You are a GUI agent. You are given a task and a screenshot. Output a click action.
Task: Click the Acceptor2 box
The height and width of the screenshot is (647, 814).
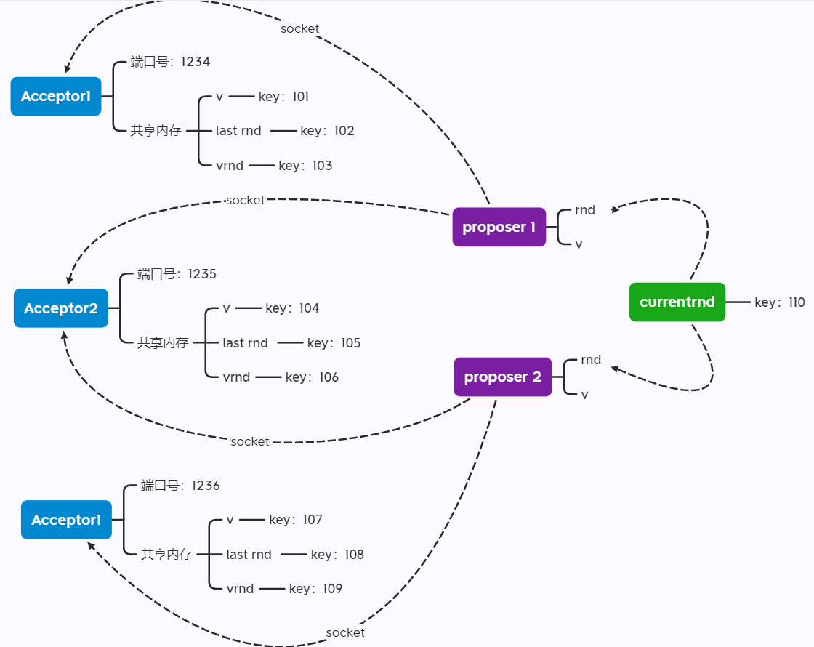pyautogui.click(x=61, y=308)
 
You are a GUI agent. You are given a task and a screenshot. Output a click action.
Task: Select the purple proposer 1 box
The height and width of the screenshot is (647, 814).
pyautogui.click(x=499, y=227)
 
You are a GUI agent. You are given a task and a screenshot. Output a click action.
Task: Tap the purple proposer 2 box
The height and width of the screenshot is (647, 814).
pyautogui.click(x=502, y=377)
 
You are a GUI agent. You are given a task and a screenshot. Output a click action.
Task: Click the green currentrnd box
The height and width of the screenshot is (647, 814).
pyautogui.click(x=677, y=302)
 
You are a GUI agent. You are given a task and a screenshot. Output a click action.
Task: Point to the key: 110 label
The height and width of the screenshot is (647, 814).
pyautogui.click(x=779, y=302)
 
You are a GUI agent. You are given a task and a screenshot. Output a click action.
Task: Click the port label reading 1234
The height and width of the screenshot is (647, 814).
pyautogui.click(x=170, y=62)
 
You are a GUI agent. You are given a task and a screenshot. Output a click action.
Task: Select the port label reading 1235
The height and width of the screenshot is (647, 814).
pyautogui.click(x=177, y=274)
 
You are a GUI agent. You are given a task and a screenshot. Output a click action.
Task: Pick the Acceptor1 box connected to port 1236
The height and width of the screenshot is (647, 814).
pyautogui.click(x=66, y=520)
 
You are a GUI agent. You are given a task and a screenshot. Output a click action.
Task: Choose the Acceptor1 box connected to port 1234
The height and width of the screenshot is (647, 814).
pyautogui.click(x=56, y=96)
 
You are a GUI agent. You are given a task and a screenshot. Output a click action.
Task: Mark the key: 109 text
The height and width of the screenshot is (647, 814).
pyautogui.click(x=315, y=589)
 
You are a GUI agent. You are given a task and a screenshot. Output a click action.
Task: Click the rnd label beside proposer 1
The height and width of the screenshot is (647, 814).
pyautogui.click(x=584, y=210)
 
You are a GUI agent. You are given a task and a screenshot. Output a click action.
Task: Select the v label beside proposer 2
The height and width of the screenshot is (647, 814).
pyautogui.click(x=584, y=395)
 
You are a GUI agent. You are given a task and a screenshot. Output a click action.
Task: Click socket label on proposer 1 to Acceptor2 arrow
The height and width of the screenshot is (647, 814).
pyautogui.click(x=245, y=200)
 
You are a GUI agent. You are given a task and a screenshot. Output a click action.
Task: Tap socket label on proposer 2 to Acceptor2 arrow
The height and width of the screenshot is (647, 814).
pyautogui.click(x=250, y=441)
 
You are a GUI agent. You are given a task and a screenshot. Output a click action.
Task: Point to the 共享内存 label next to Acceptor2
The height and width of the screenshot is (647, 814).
pyautogui.click(x=163, y=343)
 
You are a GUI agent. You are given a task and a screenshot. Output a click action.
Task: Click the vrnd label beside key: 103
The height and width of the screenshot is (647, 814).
pyautogui.click(x=230, y=166)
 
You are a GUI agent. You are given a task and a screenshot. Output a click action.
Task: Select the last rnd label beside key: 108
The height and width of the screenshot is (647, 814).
pyautogui.click(x=249, y=555)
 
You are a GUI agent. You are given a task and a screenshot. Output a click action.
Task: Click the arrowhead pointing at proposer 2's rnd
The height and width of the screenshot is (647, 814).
pyautogui.click(x=615, y=369)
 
